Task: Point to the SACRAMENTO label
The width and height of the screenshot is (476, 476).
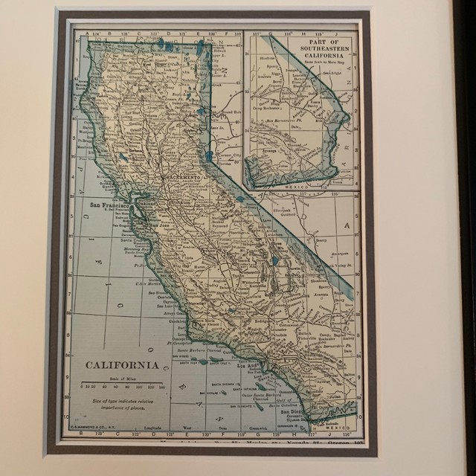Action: [181, 179]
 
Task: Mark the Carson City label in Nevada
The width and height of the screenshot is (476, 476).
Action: [228, 155]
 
